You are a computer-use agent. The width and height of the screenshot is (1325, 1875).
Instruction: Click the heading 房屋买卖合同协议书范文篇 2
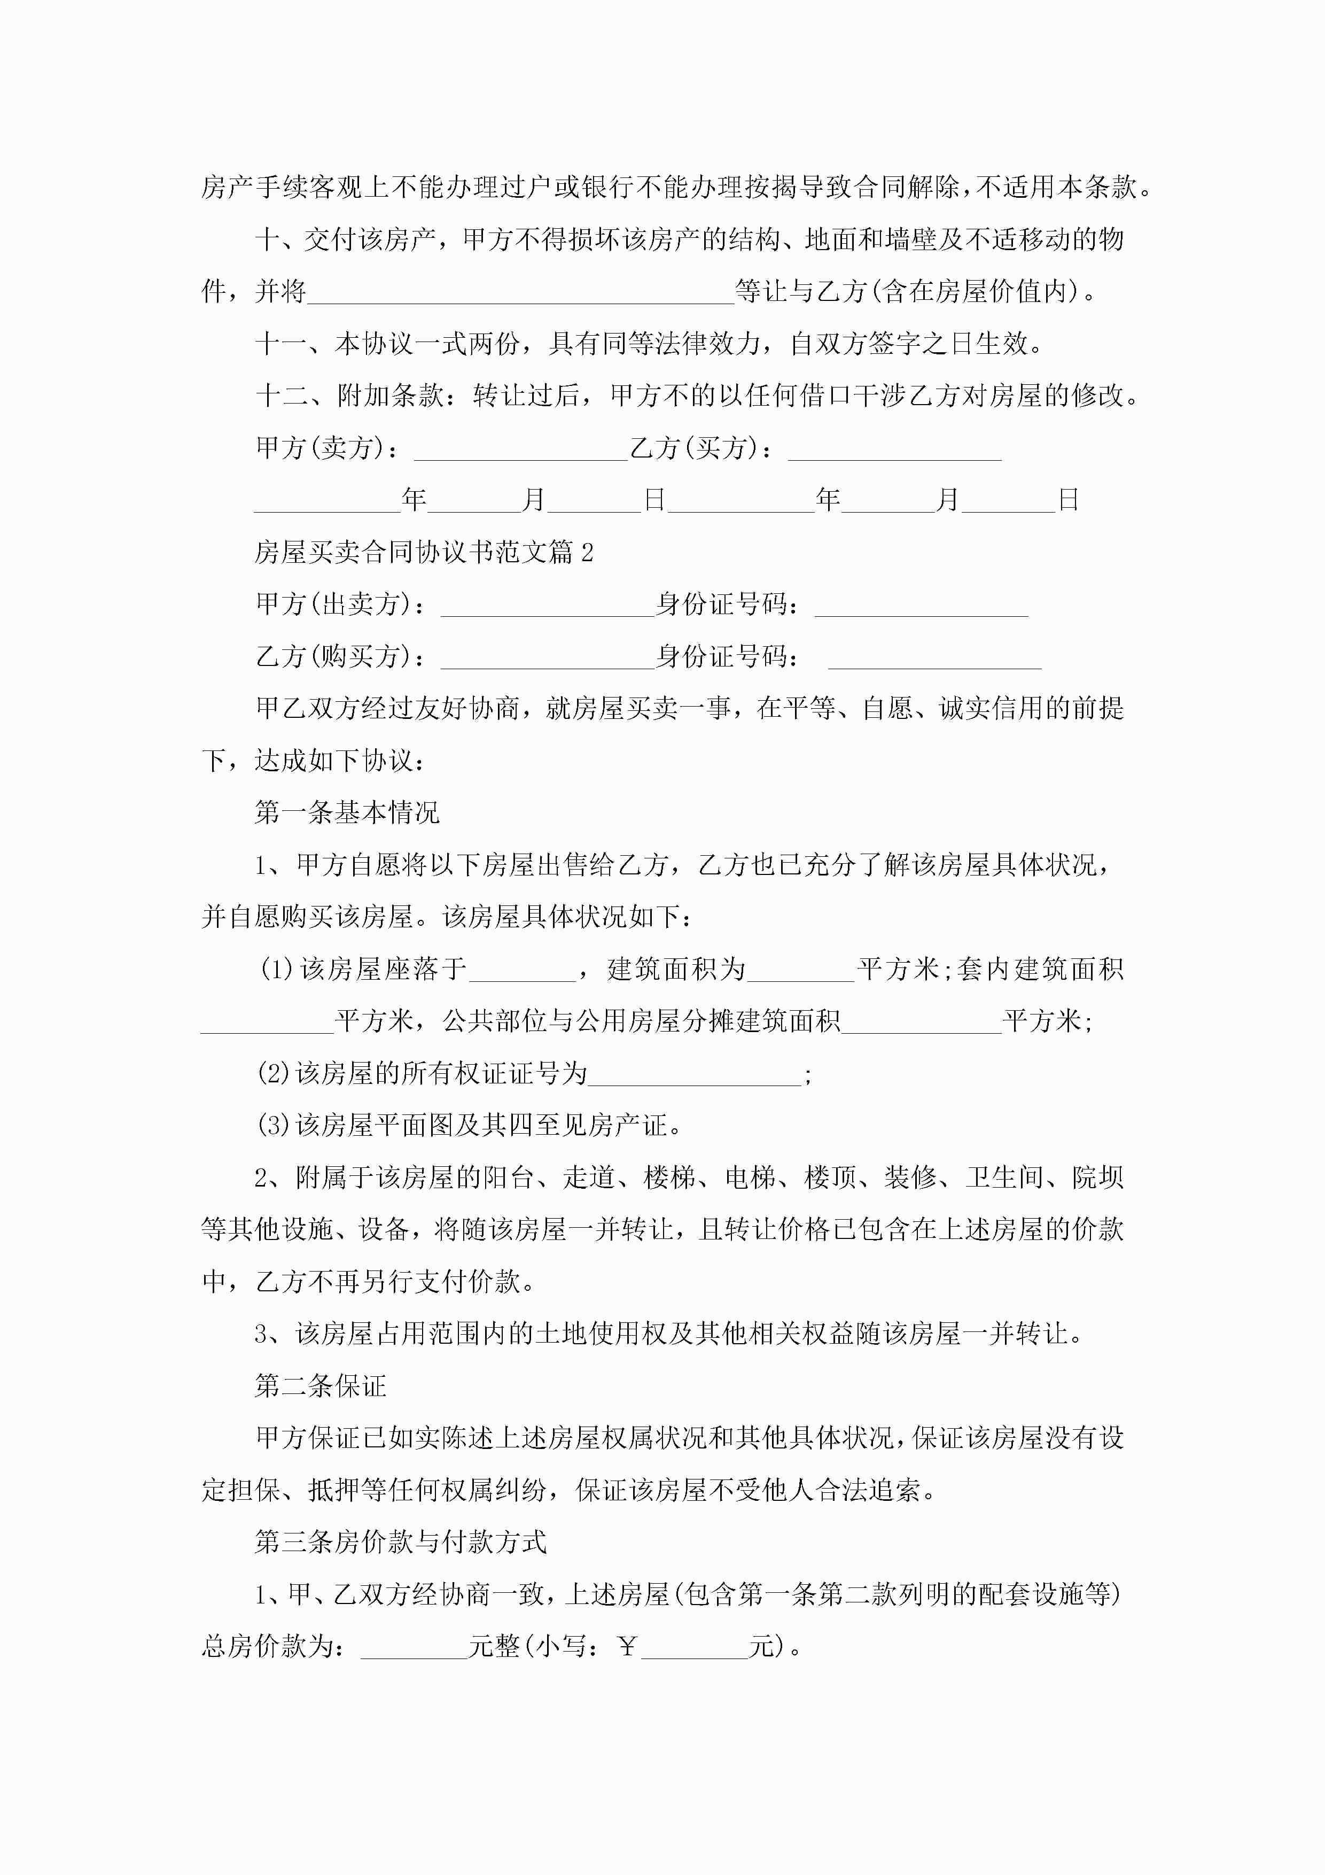[x=424, y=553]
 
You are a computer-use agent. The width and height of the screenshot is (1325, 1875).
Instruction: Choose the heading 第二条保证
[x=321, y=1386]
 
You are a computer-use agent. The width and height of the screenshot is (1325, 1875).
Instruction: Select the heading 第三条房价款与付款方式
[x=401, y=1543]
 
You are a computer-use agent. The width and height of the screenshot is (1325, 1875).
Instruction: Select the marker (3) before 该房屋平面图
[x=274, y=1126]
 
